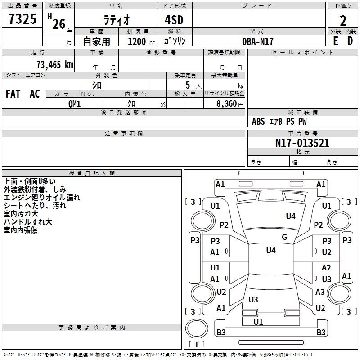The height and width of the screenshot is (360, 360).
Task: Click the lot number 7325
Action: pos(22,20)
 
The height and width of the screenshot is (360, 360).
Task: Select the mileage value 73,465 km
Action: pos(54,64)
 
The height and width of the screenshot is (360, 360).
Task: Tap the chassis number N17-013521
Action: pos(302,143)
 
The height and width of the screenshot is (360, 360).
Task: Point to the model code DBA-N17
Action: pos(258,41)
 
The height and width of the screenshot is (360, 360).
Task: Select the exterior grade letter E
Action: pos(335,41)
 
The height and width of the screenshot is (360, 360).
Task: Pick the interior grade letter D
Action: pos(350,41)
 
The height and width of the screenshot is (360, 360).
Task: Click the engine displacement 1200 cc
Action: pos(140,41)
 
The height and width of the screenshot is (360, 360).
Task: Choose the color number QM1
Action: pos(74,103)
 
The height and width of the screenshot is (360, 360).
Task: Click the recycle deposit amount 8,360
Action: pos(227,103)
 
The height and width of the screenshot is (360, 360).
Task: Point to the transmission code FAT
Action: pos(13,94)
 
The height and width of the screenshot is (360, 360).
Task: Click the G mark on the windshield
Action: pos(284,237)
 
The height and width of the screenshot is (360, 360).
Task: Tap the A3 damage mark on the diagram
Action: pos(320,292)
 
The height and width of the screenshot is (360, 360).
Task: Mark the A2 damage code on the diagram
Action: pos(326,268)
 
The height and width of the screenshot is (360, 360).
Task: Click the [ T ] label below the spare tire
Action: pos(197,344)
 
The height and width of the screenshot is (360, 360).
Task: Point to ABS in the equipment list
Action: pos(258,121)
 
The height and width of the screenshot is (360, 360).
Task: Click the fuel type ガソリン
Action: pos(175,41)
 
